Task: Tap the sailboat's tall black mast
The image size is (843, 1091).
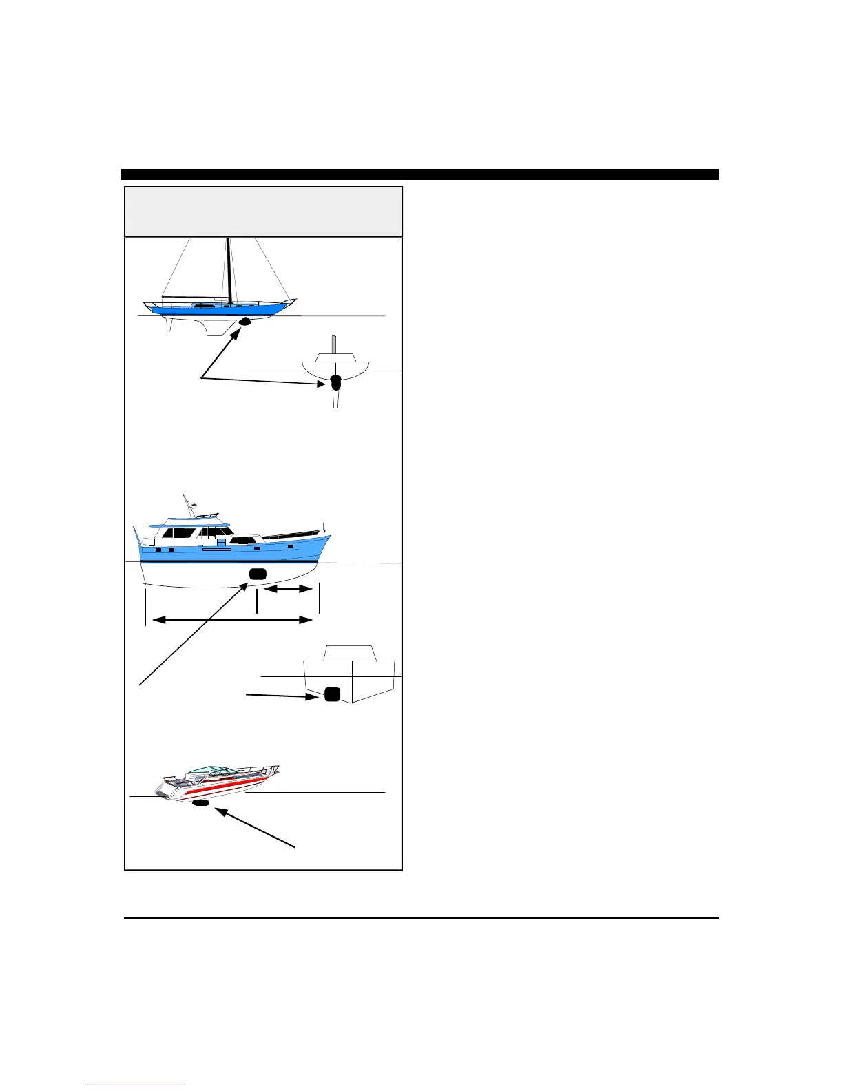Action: [229, 269]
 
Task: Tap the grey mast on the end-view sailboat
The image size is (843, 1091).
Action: [333, 344]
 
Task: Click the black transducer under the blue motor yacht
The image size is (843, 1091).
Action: [258, 574]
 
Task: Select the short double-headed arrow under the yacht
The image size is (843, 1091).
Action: [290, 589]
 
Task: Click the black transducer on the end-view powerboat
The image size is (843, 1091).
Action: [331, 695]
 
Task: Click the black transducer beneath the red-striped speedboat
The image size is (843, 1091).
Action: [200, 803]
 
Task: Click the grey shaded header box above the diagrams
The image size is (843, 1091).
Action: [262, 211]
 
